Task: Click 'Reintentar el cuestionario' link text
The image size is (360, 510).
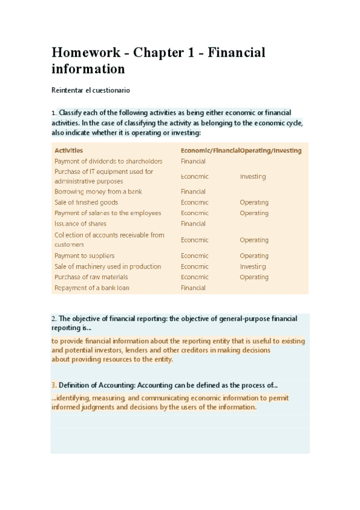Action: click(x=90, y=90)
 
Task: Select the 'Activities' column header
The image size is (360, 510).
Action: click(x=69, y=150)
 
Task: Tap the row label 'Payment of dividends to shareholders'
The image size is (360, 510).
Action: click(x=108, y=161)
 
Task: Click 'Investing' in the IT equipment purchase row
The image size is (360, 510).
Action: click(x=252, y=176)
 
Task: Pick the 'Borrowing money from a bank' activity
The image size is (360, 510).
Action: click(x=98, y=192)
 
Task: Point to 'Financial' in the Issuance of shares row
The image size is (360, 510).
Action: click(x=193, y=224)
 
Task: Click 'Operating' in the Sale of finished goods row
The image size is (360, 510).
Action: click(x=254, y=203)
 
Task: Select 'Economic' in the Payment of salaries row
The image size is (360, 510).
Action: click(x=195, y=213)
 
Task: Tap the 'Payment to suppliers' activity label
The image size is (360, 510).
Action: click(x=84, y=256)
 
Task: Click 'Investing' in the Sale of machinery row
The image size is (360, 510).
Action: click(x=252, y=266)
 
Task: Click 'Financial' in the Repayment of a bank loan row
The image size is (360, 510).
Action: click(x=193, y=288)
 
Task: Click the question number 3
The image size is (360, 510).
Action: click(x=53, y=385)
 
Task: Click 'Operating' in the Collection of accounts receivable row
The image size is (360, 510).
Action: click(x=254, y=240)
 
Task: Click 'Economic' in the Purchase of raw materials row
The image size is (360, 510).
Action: click(x=195, y=277)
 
